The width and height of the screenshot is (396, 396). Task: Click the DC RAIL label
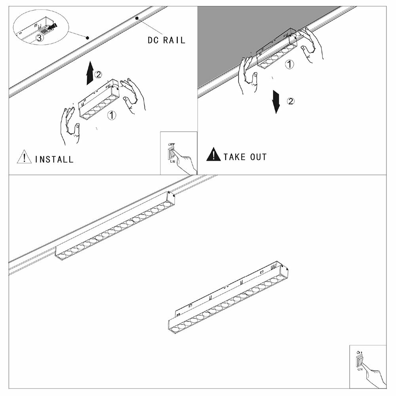(166, 40)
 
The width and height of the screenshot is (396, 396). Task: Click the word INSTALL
(54, 159)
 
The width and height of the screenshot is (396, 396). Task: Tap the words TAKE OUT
(245, 157)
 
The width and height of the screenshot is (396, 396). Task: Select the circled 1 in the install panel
(112, 115)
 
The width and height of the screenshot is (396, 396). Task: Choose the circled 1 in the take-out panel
(290, 64)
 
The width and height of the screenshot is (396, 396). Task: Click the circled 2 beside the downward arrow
(290, 101)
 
